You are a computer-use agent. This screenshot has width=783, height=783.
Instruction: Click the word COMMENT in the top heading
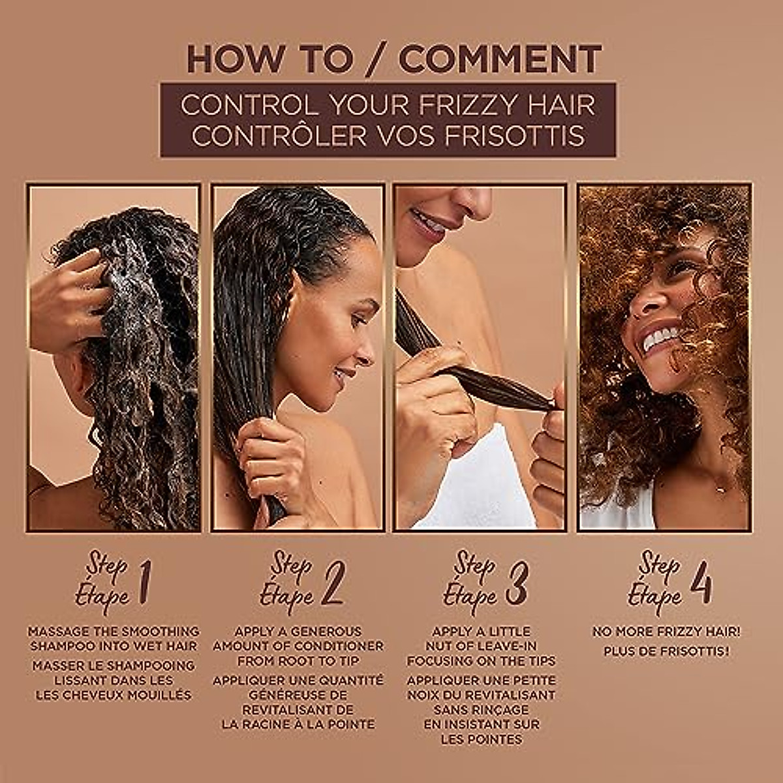(x=500, y=59)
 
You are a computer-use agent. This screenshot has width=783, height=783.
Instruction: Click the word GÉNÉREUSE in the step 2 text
(x=298, y=694)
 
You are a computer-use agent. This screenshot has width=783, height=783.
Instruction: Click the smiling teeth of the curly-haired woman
(x=660, y=338)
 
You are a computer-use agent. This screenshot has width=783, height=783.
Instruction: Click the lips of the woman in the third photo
(x=427, y=222)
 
